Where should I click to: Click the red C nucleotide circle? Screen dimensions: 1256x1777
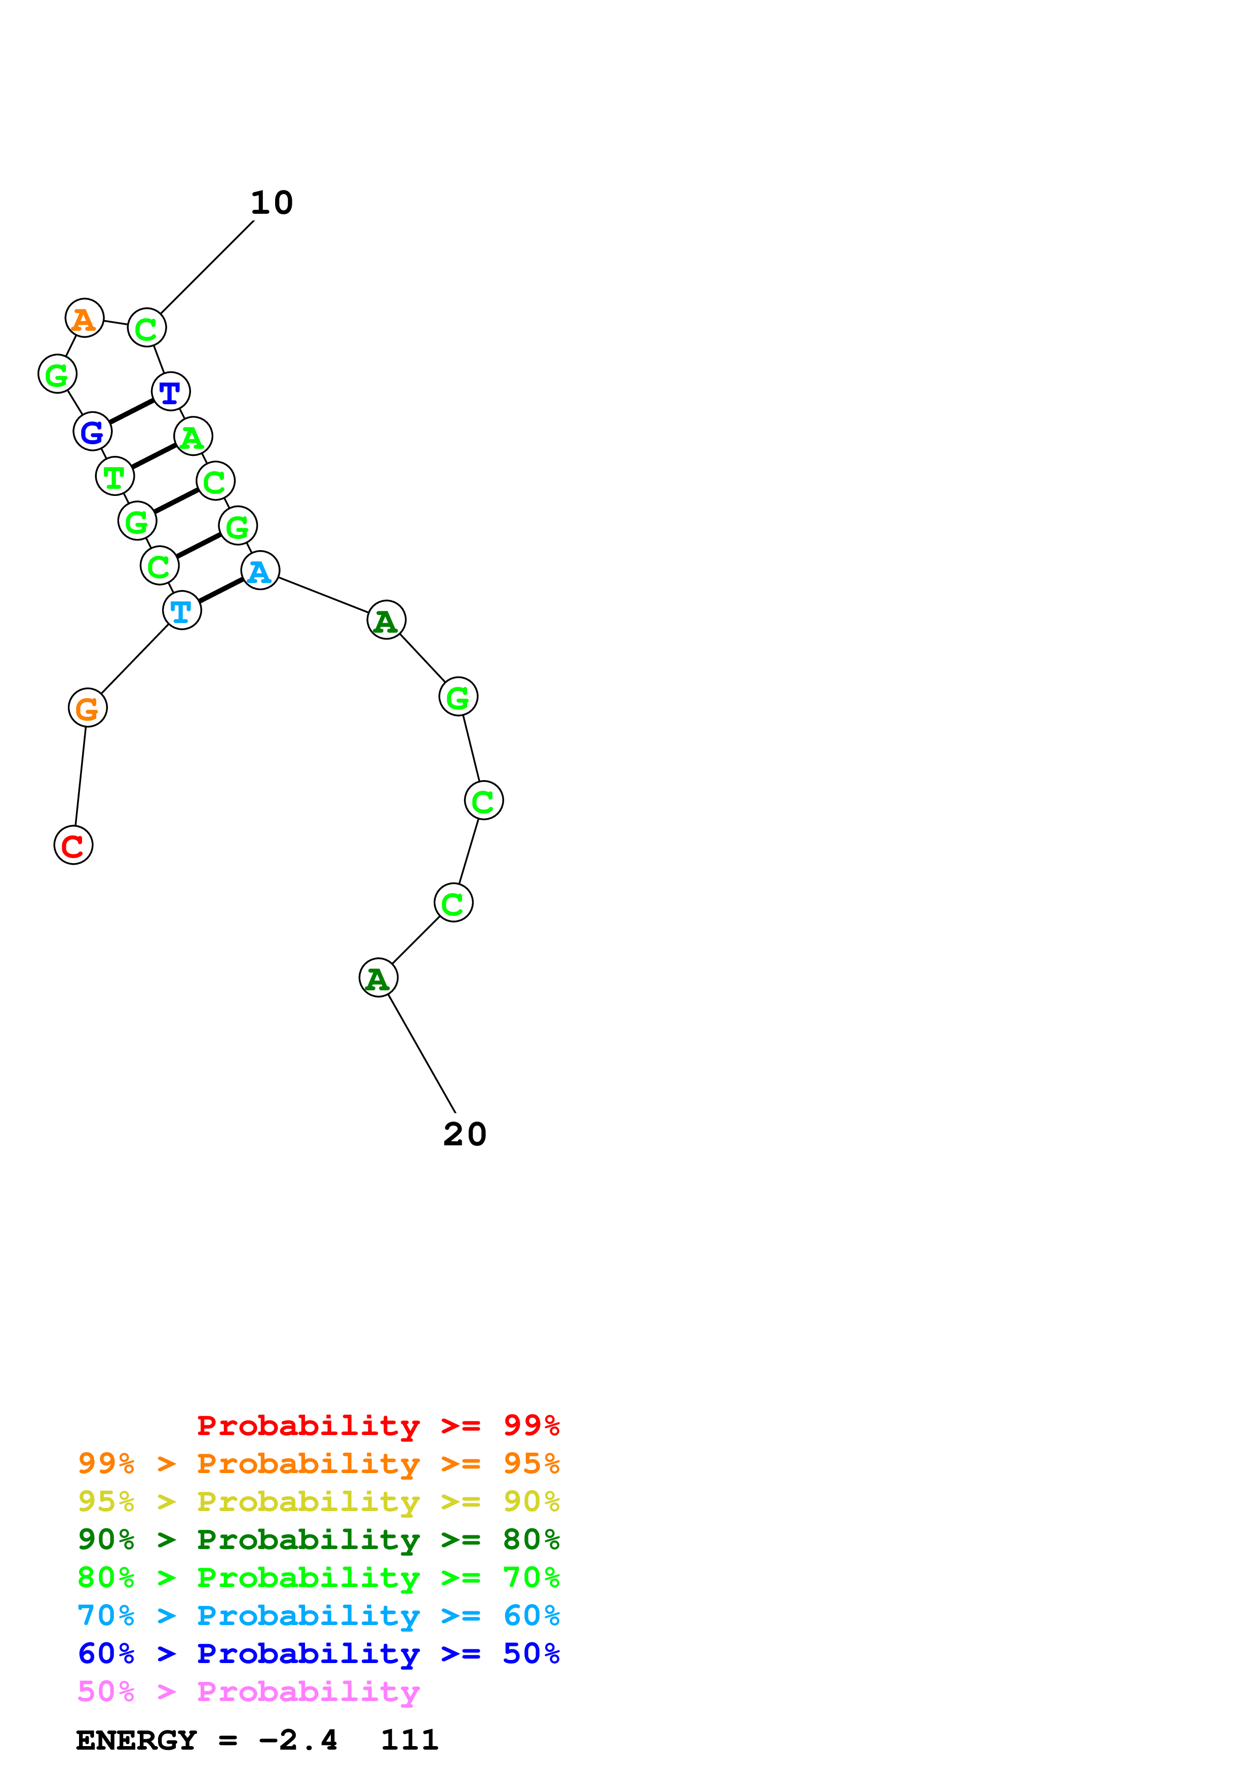[73, 844]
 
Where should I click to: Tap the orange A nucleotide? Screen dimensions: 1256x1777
[84, 318]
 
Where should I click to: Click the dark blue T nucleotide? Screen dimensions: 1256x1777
[170, 392]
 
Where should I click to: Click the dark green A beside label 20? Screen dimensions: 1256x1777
[378, 978]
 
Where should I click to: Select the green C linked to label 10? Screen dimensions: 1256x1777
[146, 328]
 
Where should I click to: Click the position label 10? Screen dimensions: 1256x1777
[272, 203]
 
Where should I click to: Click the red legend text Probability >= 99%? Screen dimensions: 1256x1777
[377, 1425]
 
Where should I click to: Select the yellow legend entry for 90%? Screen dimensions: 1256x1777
[318, 1501]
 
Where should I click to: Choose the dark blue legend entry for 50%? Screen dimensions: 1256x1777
[318, 1653]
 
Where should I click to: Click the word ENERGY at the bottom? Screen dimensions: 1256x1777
[136, 1740]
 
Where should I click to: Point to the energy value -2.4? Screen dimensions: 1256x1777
[298, 1740]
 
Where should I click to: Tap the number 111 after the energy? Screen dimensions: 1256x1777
[409, 1740]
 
